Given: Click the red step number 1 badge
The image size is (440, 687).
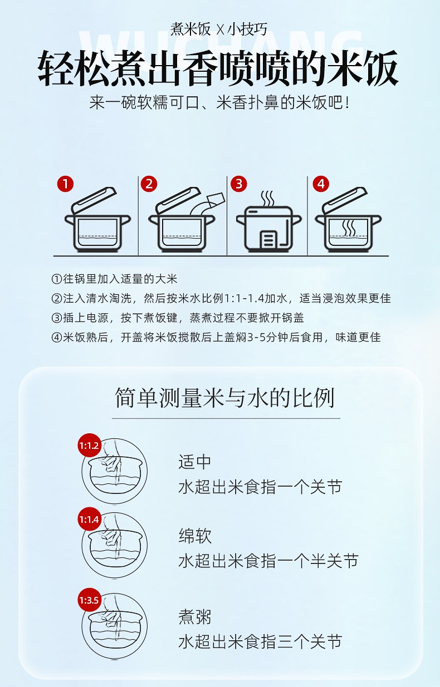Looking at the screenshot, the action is [x=65, y=184].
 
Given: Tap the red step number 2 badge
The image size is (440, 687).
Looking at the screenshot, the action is [x=149, y=184].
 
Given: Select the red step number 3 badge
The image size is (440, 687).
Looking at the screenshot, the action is [x=238, y=184].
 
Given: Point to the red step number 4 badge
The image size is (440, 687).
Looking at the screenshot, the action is [x=321, y=184].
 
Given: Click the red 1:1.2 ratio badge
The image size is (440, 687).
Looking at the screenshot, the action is [x=89, y=446].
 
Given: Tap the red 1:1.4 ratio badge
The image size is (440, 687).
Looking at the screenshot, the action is [x=89, y=519].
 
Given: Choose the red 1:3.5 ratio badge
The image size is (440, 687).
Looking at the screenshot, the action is [x=89, y=600].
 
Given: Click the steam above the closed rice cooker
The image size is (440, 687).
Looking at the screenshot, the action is [x=267, y=199].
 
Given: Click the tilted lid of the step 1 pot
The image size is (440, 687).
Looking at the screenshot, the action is [x=94, y=200].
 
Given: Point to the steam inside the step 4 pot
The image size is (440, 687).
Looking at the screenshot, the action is [x=349, y=228].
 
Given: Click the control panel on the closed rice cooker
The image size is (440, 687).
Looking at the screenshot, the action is [x=268, y=239].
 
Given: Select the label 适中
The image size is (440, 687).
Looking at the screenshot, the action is [x=194, y=462].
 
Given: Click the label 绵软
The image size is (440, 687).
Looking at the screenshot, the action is [x=195, y=536].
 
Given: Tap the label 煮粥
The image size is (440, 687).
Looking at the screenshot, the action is [x=195, y=617].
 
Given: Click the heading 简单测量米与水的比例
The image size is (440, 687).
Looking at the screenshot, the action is [x=224, y=398].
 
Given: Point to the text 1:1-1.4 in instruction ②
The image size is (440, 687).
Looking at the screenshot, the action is [x=244, y=298].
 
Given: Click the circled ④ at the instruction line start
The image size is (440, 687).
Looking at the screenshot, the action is [x=57, y=337].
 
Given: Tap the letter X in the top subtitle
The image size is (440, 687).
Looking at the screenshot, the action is [x=219, y=29].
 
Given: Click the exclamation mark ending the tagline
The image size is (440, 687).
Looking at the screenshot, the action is [x=347, y=102].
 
